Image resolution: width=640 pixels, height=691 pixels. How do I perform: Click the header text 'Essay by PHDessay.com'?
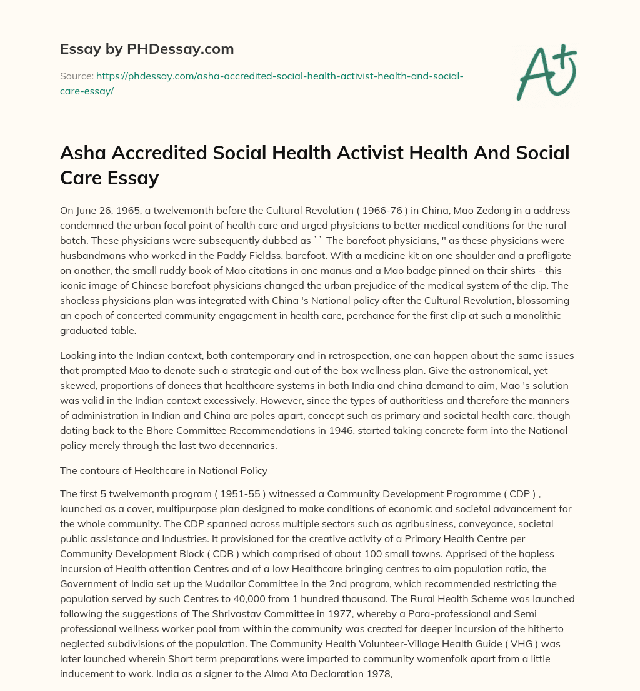point(147,48)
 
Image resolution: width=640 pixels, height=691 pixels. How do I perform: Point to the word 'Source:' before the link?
point(76,76)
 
